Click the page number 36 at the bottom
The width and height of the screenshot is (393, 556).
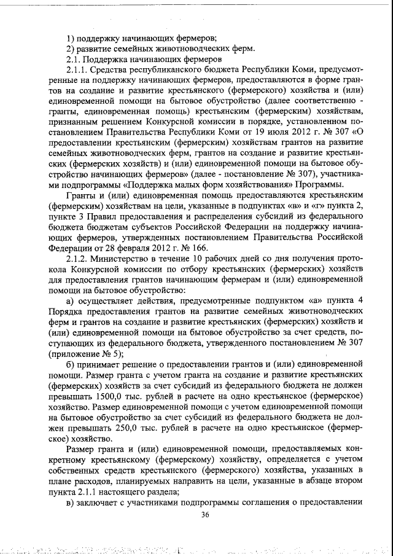click(206, 515)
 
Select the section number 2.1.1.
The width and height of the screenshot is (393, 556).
click(78, 70)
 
